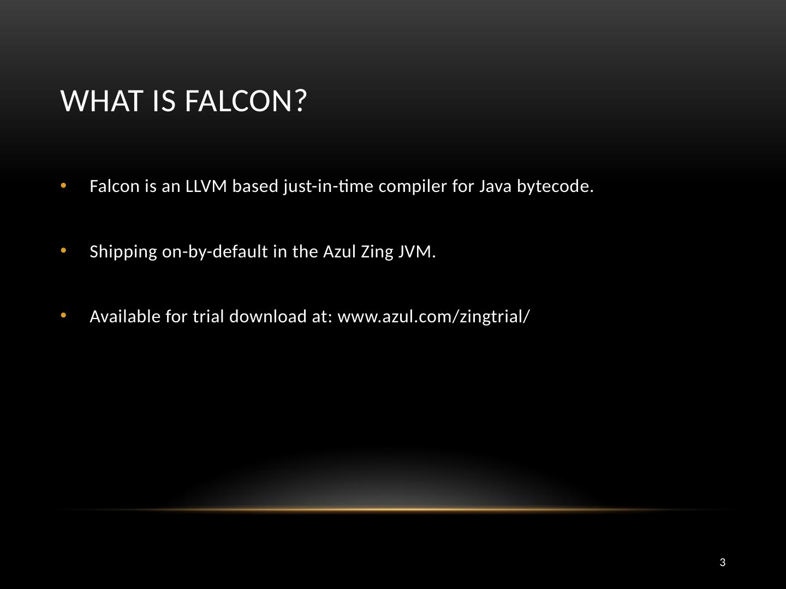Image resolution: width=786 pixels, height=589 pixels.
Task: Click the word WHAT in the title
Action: coord(102,101)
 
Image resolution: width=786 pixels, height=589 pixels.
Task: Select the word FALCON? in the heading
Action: coord(246,101)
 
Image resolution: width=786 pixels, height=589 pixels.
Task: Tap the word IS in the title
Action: coord(164,101)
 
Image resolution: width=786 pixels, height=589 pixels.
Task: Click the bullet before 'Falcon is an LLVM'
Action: coord(64,185)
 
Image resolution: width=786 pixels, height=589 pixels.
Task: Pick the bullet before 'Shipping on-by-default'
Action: coord(64,250)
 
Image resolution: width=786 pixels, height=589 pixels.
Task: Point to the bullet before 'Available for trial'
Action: coord(64,315)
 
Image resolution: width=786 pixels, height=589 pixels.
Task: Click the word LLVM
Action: coord(206,186)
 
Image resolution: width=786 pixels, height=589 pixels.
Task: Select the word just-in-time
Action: coord(329,187)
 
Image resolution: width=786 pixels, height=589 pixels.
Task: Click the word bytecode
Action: coord(555,187)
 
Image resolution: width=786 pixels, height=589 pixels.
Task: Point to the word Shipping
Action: coord(123,252)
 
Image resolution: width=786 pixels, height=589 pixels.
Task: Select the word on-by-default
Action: coord(215,252)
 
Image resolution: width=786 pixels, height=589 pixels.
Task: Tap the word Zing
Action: coord(377,252)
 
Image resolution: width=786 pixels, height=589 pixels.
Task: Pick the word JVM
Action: coord(417,251)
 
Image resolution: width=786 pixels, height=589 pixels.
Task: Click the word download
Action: coord(268,316)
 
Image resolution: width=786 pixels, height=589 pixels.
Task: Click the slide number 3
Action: coord(722,562)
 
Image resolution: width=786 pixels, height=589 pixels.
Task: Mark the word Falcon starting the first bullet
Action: coord(110,186)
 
